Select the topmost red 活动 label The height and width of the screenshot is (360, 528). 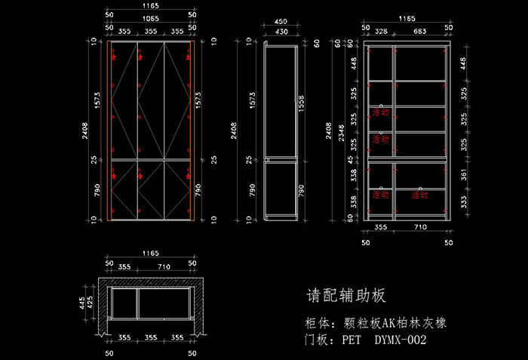380,112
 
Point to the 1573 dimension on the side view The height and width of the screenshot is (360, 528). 252,99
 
